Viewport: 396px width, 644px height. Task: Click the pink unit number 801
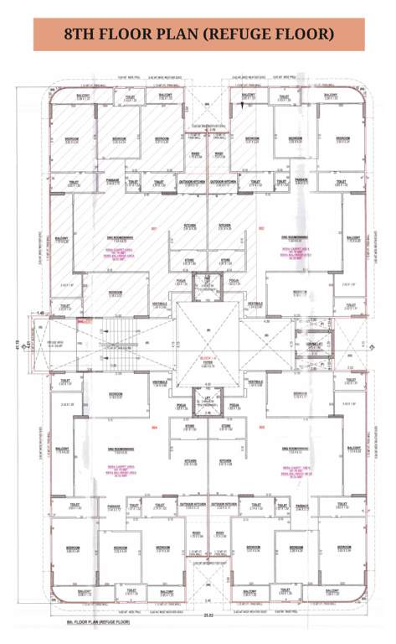pyautogui.click(x=154, y=228)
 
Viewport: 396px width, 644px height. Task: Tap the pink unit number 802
pyautogui.click(x=260, y=228)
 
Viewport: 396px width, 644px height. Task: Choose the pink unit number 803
pyautogui.click(x=260, y=427)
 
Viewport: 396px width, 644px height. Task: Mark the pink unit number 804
pyautogui.click(x=154, y=427)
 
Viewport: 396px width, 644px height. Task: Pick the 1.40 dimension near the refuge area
pyautogui.click(x=39, y=312)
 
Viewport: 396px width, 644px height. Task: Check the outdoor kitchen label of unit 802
pyautogui.click(x=224, y=181)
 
